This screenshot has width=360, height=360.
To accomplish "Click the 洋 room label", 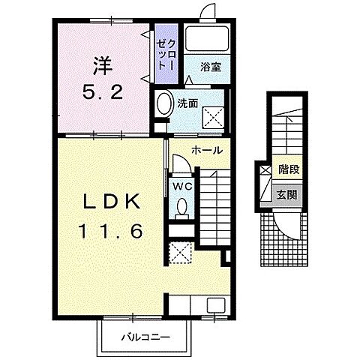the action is (103, 66).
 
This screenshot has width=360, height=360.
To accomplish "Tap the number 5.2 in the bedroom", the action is (103, 91).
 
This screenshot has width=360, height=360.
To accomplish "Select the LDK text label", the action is (111, 202).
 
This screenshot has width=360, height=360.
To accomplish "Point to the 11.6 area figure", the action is (111, 231).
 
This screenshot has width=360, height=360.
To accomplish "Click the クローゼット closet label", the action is (165, 55).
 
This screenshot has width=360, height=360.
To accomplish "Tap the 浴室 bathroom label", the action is (211, 67).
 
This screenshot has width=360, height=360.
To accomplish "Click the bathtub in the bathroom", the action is (207, 38).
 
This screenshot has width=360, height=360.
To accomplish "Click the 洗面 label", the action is (187, 103).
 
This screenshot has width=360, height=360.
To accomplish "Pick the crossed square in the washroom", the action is (213, 118).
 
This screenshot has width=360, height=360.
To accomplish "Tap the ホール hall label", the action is (207, 151).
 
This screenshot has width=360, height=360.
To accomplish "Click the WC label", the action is (183, 186).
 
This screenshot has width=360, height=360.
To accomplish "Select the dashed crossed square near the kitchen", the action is (181, 253).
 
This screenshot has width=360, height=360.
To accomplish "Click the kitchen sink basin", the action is (216, 305).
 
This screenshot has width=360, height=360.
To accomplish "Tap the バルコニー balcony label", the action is (145, 337).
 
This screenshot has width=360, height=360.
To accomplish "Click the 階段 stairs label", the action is (289, 169).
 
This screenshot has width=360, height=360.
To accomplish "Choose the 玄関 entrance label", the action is (287, 194).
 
